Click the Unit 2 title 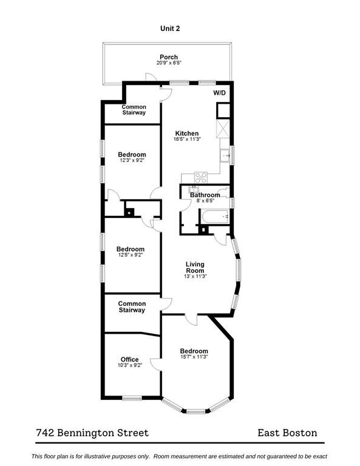[x=170, y=29]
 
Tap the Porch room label [x=169, y=57]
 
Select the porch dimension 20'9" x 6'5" [x=169, y=62]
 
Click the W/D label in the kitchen [x=219, y=93]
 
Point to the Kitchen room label [x=187, y=133]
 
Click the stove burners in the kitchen [x=201, y=177]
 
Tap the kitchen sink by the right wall [x=225, y=155]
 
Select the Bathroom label [x=205, y=195]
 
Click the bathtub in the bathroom [x=215, y=217]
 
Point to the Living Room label [x=195, y=267]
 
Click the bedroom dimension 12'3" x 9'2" [x=132, y=160]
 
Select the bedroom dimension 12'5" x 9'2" [x=131, y=255]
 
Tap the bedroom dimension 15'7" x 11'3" [x=194, y=357]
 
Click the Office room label [x=129, y=359]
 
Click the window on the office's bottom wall [x=132, y=398]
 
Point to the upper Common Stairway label [x=134, y=110]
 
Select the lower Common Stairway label [x=132, y=306]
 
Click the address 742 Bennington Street [x=92, y=433]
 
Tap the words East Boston [x=287, y=433]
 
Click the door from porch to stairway [x=151, y=77]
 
